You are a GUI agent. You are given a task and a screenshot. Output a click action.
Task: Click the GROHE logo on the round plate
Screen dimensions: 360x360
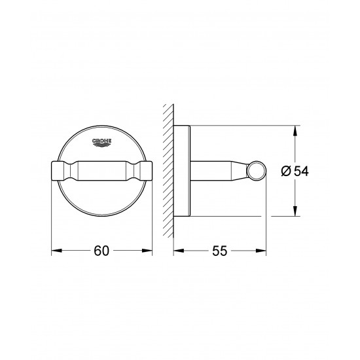click(x=102, y=141)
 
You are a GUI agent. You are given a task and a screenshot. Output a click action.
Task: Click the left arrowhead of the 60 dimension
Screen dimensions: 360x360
click(x=54, y=249)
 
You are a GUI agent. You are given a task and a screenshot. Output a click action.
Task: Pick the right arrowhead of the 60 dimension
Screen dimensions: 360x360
click(x=149, y=249)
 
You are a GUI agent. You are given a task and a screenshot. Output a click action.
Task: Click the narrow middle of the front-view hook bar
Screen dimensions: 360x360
click(x=101, y=171)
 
